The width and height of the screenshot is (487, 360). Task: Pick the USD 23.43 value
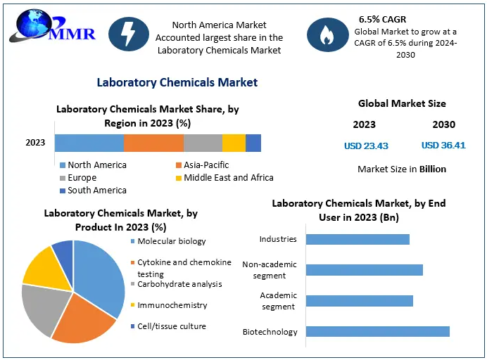366,146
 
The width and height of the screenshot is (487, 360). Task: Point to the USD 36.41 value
443,146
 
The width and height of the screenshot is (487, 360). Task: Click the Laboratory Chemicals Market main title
177,82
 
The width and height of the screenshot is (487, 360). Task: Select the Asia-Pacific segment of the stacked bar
153,143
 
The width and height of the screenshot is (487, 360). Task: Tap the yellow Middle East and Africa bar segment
234,143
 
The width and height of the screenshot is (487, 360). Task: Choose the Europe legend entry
82,177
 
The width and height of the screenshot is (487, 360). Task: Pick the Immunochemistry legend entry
172,305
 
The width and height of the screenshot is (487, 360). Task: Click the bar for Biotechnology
377,331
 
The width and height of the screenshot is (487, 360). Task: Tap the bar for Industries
358,239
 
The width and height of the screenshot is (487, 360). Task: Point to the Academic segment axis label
278,300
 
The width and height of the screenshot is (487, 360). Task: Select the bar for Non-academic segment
364,270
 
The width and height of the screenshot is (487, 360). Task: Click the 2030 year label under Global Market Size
443,124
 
